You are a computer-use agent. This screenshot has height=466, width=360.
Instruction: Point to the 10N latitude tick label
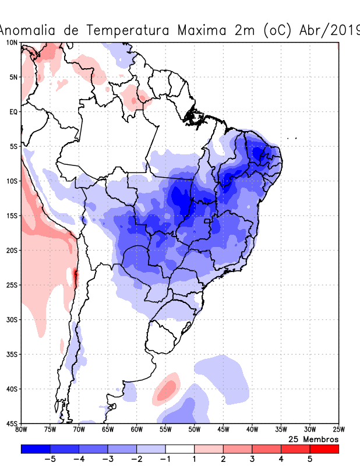point(12,43)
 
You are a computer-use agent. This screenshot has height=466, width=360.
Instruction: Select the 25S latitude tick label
point(12,285)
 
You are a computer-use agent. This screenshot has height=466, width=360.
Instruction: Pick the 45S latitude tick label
point(12,423)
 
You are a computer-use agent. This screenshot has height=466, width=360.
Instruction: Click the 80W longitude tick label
point(22,430)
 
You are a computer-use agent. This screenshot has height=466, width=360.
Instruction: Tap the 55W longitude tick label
point(165,430)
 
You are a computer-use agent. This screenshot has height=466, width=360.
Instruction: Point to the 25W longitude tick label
point(338,430)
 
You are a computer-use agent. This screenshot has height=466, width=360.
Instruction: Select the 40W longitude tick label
point(252,430)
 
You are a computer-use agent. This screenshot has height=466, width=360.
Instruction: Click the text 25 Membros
point(313,439)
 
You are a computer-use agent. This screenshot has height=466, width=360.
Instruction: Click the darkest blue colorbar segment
point(35,449)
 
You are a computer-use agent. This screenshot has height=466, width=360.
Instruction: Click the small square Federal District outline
point(206,221)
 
